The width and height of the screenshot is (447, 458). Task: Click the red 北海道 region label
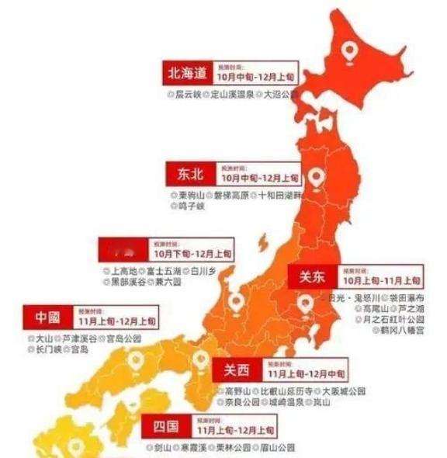186,74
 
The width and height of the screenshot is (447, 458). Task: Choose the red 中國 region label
47,318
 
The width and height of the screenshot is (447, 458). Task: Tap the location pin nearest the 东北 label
315,178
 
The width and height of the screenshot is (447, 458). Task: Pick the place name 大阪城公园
343,392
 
